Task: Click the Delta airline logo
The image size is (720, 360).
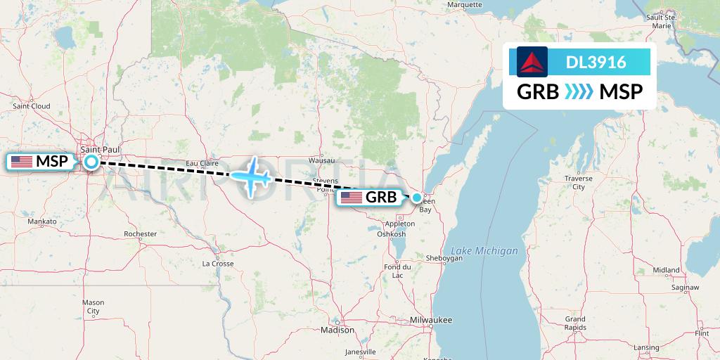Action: click(532, 62)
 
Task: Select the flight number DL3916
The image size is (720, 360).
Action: click(596, 62)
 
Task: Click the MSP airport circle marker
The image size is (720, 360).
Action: click(91, 162)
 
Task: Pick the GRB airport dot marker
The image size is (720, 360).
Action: click(417, 198)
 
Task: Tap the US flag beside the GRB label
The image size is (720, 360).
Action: click(352, 198)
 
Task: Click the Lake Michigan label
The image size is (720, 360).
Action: click(484, 251)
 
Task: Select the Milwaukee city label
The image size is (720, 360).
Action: click(431, 320)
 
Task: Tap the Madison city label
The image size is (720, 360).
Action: click(337, 329)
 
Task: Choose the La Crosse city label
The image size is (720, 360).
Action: click(217, 264)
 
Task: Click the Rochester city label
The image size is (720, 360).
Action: click(140, 233)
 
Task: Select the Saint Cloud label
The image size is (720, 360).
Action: click(31, 106)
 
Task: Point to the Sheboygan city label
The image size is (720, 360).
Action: click(444, 258)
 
